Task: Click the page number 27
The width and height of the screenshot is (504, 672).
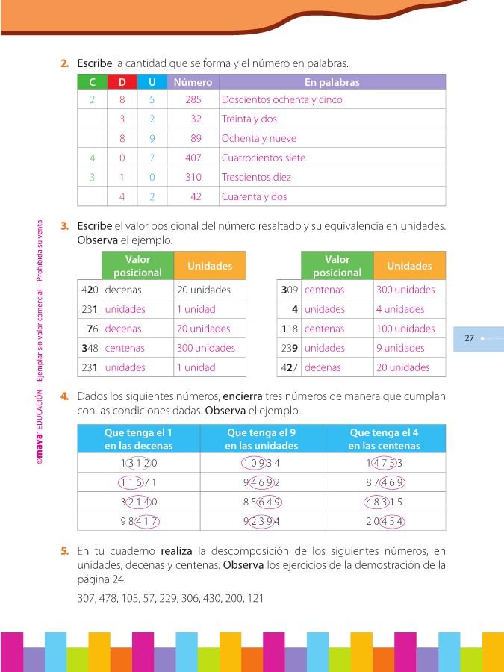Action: click(x=470, y=338)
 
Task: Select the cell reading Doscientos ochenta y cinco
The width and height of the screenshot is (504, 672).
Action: click(x=281, y=100)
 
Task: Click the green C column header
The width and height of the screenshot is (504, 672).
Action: click(x=92, y=82)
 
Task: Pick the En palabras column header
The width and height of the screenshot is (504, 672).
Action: click(x=332, y=82)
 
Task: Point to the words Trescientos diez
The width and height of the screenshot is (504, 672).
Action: click(x=256, y=178)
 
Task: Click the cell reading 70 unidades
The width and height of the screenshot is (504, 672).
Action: click(x=204, y=329)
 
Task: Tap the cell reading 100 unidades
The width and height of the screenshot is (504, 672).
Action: click(x=405, y=329)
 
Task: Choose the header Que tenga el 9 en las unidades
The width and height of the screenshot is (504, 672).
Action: click(x=261, y=439)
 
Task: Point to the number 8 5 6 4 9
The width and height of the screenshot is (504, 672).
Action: click(x=261, y=502)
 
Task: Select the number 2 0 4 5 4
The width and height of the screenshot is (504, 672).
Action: click(x=385, y=521)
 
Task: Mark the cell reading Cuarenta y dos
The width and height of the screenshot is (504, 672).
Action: click(x=255, y=197)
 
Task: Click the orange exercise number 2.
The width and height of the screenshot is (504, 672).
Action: click(x=65, y=63)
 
